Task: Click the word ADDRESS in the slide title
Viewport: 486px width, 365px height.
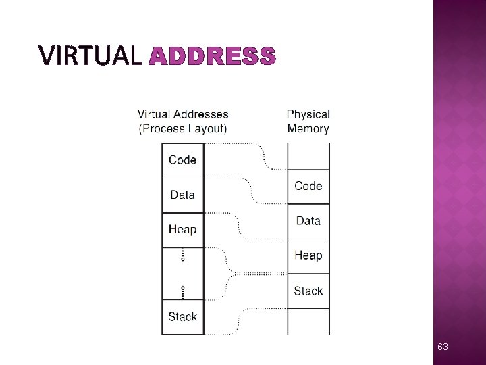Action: (x=212, y=56)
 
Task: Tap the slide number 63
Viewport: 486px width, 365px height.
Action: (x=443, y=347)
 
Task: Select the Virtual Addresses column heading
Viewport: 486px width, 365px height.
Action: (x=183, y=114)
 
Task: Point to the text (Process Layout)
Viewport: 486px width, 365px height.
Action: (x=183, y=128)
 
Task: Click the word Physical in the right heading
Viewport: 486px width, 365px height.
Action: (x=308, y=114)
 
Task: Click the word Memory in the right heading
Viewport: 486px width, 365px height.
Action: (x=308, y=128)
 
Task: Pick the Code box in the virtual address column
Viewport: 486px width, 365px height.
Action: (x=182, y=160)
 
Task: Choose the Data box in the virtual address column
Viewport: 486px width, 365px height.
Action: (x=182, y=195)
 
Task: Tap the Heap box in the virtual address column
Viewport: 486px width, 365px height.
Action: (x=182, y=230)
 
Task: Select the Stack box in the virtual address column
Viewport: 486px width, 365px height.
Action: (x=182, y=316)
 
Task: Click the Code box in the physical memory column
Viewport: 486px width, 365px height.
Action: (x=308, y=186)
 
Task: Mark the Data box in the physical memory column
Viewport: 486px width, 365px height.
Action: (x=308, y=221)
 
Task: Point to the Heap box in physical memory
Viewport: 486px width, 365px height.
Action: (x=308, y=255)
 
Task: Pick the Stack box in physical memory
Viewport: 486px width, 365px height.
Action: (x=308, y=291)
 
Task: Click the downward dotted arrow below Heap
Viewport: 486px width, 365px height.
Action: (x=182, y=256)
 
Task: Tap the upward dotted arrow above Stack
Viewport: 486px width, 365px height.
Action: (x=182, y=291)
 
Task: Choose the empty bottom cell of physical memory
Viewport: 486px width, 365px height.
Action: (x=308, y=321)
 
